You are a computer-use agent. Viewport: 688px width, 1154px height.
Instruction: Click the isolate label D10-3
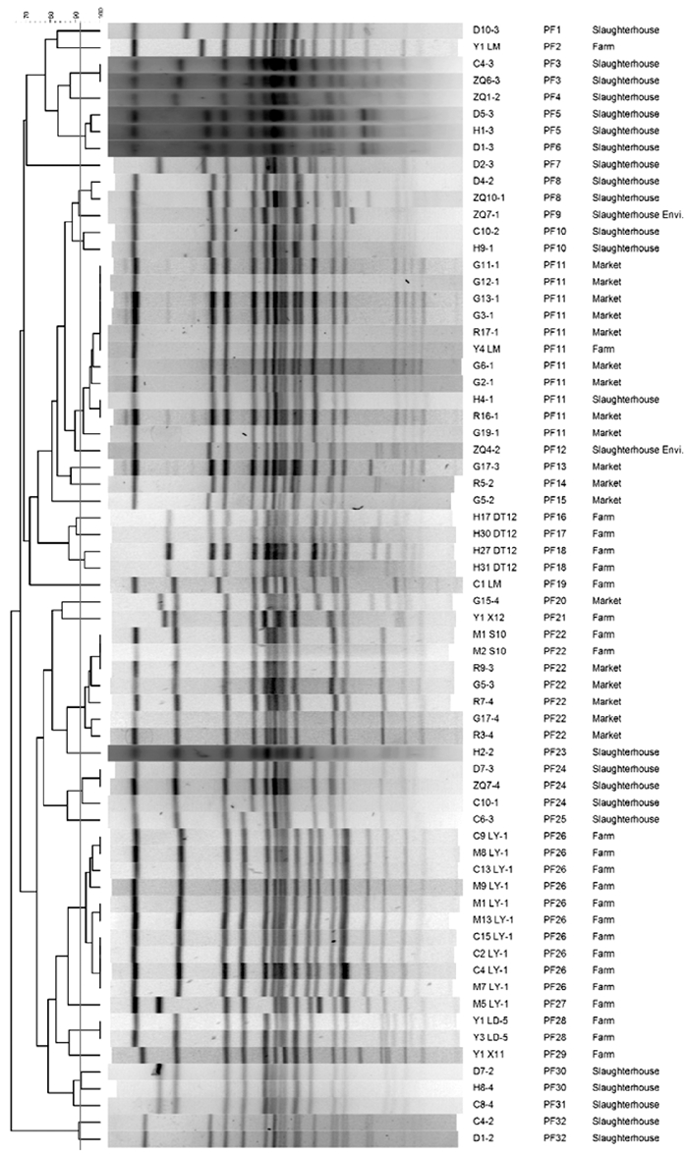click(x=487, y=30)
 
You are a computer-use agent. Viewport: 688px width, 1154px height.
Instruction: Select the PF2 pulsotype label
click(x=553, y=47)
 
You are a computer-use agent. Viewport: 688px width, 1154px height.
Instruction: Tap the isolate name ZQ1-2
click(x=487, y=97)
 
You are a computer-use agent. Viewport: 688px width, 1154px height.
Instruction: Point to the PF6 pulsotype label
click(x=553, y=147)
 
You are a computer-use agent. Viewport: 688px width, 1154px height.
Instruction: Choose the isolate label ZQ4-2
click(x=487, y=449)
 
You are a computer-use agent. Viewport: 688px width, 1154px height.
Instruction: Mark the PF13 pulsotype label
click(x=556, y=466)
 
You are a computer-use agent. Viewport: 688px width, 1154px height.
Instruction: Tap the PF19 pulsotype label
click(x=556, y=583)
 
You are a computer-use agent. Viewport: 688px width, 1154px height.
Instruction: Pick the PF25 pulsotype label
click(x=556, y=818)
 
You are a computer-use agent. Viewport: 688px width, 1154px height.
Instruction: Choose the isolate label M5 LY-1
click(x=492, y=1003)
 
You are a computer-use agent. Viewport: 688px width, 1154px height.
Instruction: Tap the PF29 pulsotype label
click(x=556, y=1053)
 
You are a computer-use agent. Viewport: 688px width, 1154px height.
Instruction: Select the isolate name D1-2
click(x=485, y=1137)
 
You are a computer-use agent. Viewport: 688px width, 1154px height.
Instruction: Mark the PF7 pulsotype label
click(x=553, y=164)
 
